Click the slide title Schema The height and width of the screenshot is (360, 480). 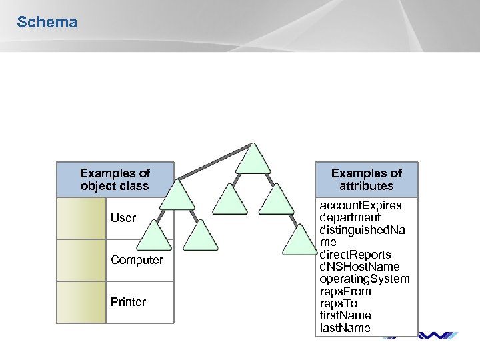47,22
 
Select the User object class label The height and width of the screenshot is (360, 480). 123,218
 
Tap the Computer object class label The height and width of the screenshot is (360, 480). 137,260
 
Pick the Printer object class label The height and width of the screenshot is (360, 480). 128,302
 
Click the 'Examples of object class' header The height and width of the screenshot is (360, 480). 115,179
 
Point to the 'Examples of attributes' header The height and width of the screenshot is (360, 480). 367,179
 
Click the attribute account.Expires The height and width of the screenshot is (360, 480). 361,205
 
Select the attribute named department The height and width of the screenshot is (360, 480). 350,217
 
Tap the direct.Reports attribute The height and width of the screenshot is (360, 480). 355,255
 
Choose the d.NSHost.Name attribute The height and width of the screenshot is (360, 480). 359,267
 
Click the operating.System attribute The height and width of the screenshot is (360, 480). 365,279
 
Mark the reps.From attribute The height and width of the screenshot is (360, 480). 345,291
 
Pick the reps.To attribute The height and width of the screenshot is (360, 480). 339,303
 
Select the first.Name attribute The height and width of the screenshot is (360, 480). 345,315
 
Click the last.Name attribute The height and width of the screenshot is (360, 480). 345,327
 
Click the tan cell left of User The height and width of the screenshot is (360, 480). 81,218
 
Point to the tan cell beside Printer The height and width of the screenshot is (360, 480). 81,302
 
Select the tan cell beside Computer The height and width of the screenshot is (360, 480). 81,260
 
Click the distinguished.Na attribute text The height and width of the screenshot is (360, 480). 363,230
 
